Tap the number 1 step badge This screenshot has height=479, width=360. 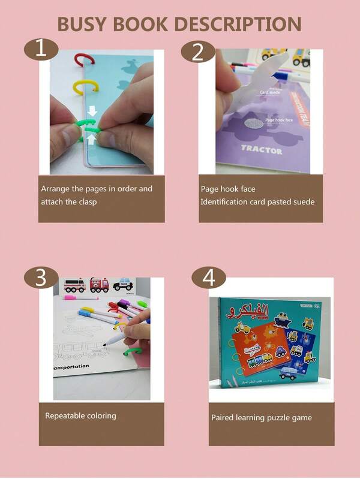pos(41,49)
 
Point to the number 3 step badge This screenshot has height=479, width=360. pos(41,278)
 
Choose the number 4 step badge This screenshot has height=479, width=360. pos(208,278)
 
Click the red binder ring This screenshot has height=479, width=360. pos(83,60)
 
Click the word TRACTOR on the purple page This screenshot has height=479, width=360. pos(262,150)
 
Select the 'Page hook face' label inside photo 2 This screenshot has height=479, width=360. pos(280,120)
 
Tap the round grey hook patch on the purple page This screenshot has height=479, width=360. pos(255,124)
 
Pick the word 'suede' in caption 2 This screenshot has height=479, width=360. pos(301,202)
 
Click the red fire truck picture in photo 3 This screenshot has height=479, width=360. pos(99,284)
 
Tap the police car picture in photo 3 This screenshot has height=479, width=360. pos(123,284)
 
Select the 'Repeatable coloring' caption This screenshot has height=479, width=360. pos(80,415)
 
